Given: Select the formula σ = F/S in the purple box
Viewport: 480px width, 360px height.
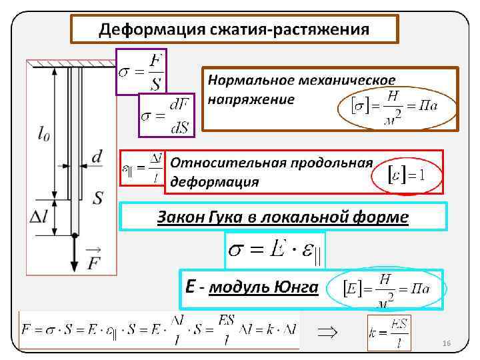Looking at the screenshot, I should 141,71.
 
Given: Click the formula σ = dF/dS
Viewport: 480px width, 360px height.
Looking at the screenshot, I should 166,115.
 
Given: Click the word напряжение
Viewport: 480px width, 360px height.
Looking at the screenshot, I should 250,100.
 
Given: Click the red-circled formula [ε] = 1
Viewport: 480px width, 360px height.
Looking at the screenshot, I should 406,174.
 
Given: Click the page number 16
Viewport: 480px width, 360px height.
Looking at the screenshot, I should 447,343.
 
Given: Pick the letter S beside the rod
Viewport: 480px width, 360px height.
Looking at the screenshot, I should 98,197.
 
